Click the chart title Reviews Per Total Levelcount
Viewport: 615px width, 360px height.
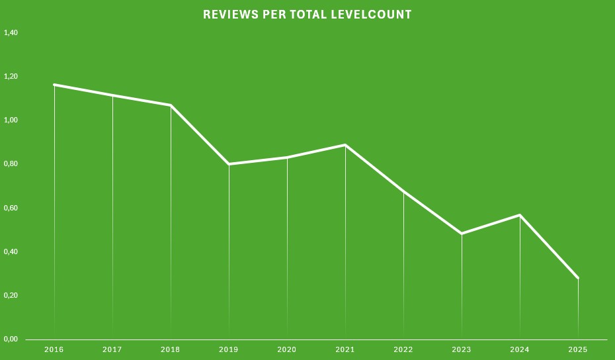(307, 15)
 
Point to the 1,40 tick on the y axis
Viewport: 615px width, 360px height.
(11, 32)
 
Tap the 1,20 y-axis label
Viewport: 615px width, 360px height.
(11, 76)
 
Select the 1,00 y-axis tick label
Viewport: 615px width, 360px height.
(11, 120)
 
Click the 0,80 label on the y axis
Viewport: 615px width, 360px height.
(11, 163)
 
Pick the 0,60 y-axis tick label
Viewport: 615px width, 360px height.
(11, 208)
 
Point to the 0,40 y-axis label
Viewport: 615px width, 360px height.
(11, 251)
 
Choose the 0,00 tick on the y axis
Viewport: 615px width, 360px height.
(11, 339)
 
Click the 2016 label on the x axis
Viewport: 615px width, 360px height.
(54, 349)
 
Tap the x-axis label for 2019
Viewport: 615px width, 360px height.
(229, 349)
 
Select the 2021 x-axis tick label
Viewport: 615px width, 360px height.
(345, 349)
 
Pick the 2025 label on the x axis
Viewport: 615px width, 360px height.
(578, 349)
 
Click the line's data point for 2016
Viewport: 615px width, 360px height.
(54, 85)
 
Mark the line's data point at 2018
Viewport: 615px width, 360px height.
(171, 105)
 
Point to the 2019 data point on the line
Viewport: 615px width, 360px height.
(229, 164)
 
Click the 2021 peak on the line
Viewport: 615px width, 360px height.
(345, 145)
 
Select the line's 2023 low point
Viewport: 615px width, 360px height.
(462, 234)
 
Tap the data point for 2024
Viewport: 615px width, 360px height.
(520, 215)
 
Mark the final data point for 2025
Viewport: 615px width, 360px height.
(578, 278)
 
